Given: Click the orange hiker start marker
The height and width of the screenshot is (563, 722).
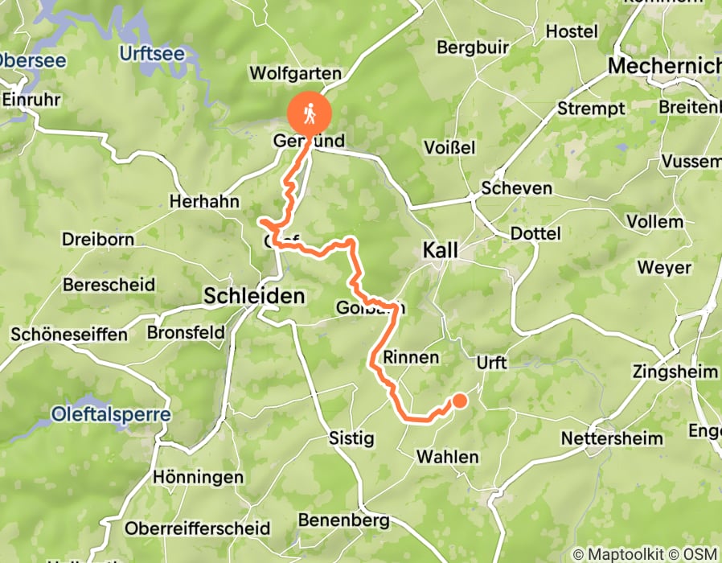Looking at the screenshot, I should (x=310, y=114).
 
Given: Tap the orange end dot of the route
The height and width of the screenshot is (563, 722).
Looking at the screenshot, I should (x=460, y=401).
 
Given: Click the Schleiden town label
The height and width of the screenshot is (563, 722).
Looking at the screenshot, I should (x=254, y=296).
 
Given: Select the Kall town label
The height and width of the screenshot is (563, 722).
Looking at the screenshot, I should (x=441, y=252).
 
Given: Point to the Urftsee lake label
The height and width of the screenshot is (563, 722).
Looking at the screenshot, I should (x=151, y=54).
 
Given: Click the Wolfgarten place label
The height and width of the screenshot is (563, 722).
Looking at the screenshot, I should (x=296, y=74).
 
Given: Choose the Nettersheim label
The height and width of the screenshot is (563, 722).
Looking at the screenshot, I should (x=612, y=438).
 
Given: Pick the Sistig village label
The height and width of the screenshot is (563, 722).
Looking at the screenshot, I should (x=352, y=438).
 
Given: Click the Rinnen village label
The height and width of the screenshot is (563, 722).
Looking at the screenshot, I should (x=411, y=357).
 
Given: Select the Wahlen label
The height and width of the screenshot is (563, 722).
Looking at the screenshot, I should (x=447, y=457).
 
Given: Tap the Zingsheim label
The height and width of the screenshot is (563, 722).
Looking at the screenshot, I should (x=675, y=372).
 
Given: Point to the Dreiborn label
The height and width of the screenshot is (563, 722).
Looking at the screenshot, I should (x=97, y=240).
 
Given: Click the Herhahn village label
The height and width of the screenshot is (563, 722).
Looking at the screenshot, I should (x=205, y=202).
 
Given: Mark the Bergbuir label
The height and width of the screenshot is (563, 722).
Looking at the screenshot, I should (x=473, y=47).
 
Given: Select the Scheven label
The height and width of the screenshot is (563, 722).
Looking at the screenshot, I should (x=516, y=188).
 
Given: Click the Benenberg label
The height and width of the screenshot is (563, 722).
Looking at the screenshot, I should (x=343, y=520).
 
